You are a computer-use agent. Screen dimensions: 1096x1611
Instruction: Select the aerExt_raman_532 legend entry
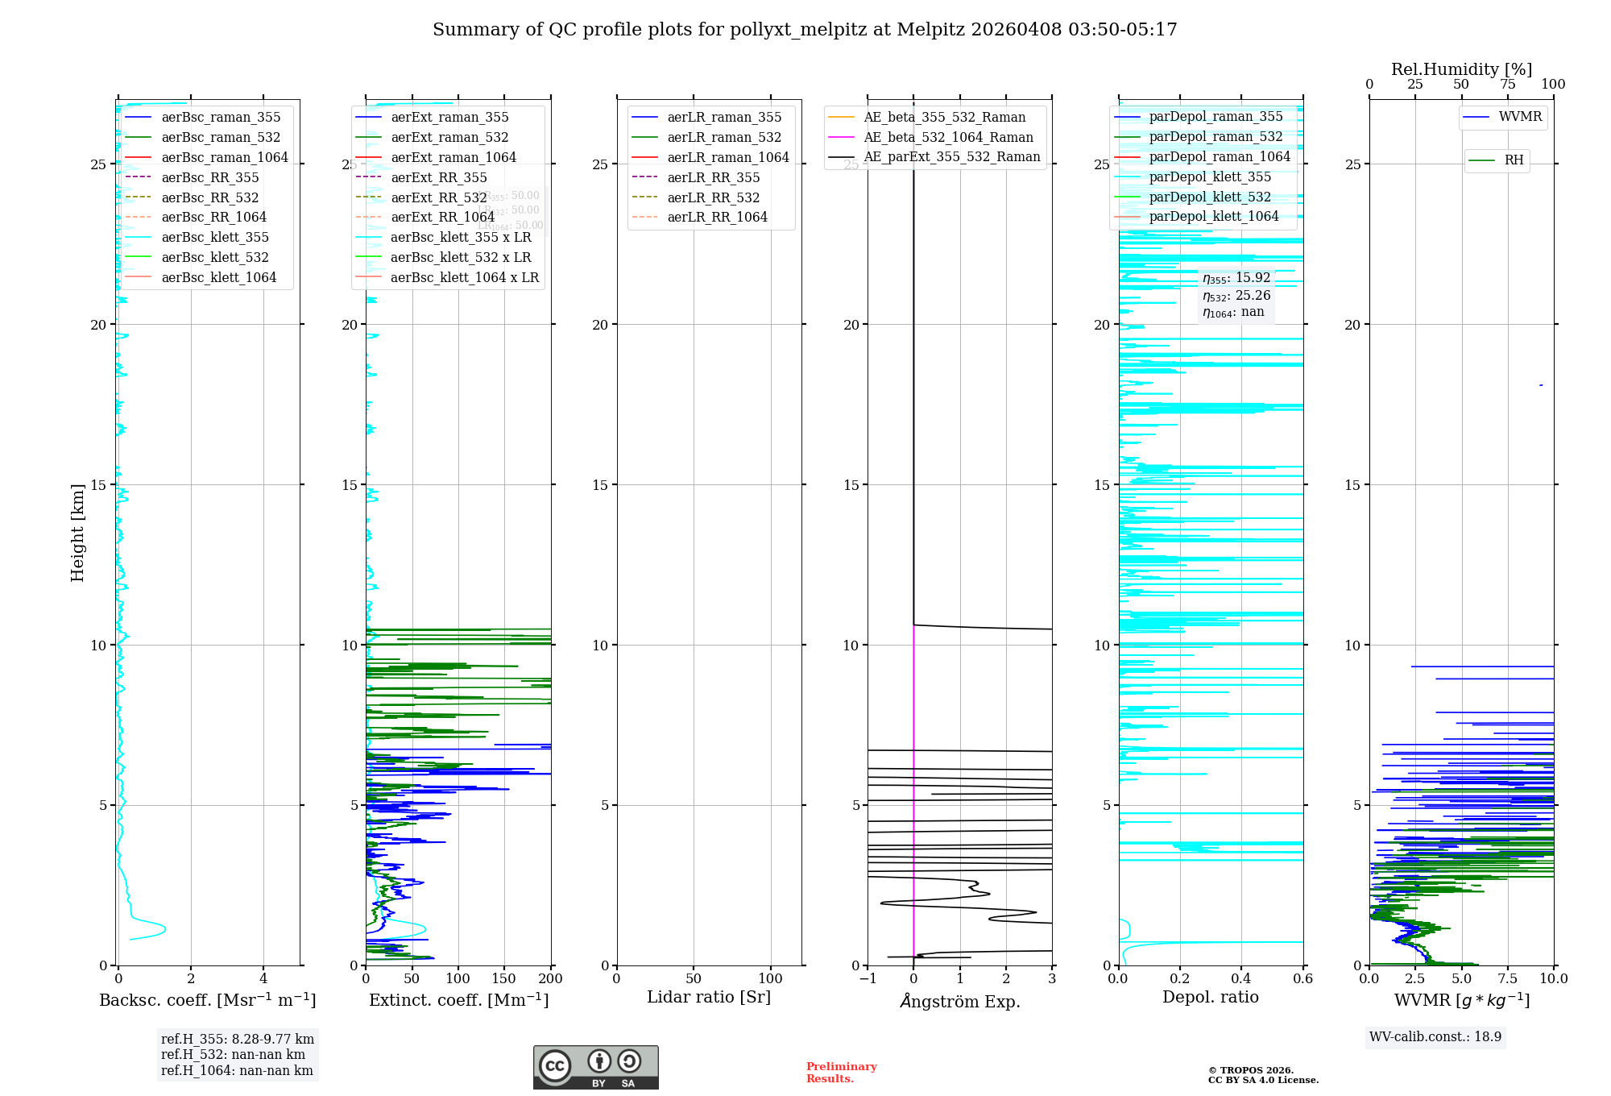coord(449,138)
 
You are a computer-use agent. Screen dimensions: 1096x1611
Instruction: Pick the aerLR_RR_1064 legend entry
coord(717,218)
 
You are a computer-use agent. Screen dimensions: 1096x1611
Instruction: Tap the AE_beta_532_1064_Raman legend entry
coord(948,138)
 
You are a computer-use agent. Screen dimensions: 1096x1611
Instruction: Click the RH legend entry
coord(1514,160)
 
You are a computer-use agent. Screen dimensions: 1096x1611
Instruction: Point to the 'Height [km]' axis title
coord(77,532)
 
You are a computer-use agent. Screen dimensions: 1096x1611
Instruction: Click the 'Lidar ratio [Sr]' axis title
coord(709,998)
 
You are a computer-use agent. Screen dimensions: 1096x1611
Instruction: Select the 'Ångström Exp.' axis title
coord(959,1002)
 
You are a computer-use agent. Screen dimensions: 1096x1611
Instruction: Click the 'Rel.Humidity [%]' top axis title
coord(1461,70)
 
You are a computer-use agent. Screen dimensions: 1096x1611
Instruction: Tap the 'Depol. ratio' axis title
coord(1210,998)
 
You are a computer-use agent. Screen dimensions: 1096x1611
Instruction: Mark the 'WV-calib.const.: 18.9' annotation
coord(1435,1037)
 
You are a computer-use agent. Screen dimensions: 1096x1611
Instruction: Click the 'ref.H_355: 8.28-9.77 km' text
coord(238,1040)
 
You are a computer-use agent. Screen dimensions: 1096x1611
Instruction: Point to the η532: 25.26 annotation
coord(1236,296)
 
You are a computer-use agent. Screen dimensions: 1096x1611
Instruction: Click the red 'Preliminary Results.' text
coord(841,1073)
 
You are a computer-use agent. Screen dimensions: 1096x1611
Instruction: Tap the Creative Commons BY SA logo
coord(595,1068)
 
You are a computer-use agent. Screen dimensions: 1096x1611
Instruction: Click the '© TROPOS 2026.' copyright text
coord(1250,1071)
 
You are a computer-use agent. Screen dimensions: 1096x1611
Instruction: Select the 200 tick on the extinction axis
coord(551,979)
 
